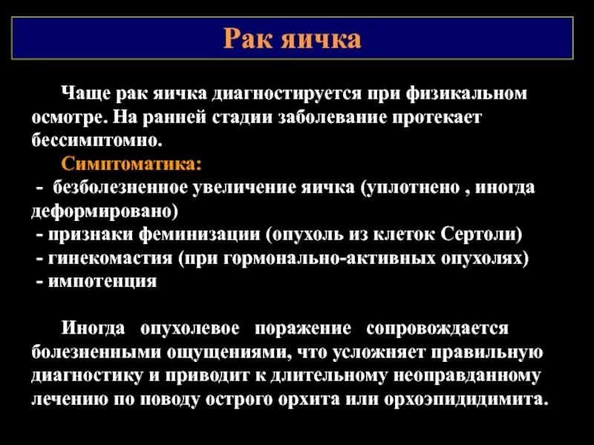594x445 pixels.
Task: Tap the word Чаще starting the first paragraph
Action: click(85, 94)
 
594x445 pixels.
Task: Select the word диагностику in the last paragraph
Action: click(78, 375)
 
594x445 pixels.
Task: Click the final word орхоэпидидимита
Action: click(466, 399)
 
